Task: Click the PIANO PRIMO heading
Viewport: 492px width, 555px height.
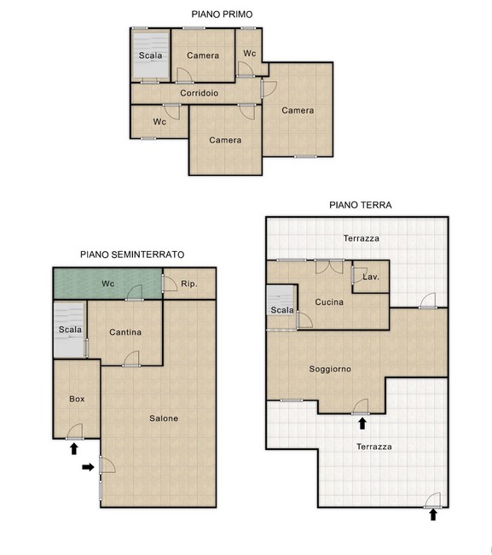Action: [x=222, y=15]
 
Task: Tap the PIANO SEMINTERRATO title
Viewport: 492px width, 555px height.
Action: [x=132, y=254]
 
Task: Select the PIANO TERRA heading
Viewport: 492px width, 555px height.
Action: [x=361, y=205]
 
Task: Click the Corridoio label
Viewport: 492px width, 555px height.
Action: [x=200, y=93]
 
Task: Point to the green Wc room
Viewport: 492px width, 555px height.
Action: [x=107, y=283]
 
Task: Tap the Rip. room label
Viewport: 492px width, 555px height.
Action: [x=189, y=283]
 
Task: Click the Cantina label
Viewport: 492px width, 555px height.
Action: [x=125, y=332]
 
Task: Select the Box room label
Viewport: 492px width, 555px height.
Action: [x=77, y=399]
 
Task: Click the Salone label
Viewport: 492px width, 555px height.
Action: [x=164, y=418]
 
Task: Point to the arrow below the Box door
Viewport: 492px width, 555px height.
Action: [x=74, y=449]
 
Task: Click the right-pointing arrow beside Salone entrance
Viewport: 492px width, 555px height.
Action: [x=88, y=467]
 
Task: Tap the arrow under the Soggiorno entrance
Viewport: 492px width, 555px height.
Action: [x=362, y=424]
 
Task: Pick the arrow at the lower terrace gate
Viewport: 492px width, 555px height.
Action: [x=433, y=515]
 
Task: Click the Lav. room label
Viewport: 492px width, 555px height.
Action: [x=371, y=277]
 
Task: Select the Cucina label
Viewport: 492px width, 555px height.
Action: [x=329, y=302]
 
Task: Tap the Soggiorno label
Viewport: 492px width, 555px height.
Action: [x=330, y=369]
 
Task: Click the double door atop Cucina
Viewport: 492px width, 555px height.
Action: [x=329, y=266]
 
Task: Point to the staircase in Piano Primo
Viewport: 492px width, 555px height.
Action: [x=151, y=55]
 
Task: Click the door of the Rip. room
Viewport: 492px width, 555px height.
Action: [x=170, y=283]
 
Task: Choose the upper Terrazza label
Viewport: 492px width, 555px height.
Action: [x=362, y=238]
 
